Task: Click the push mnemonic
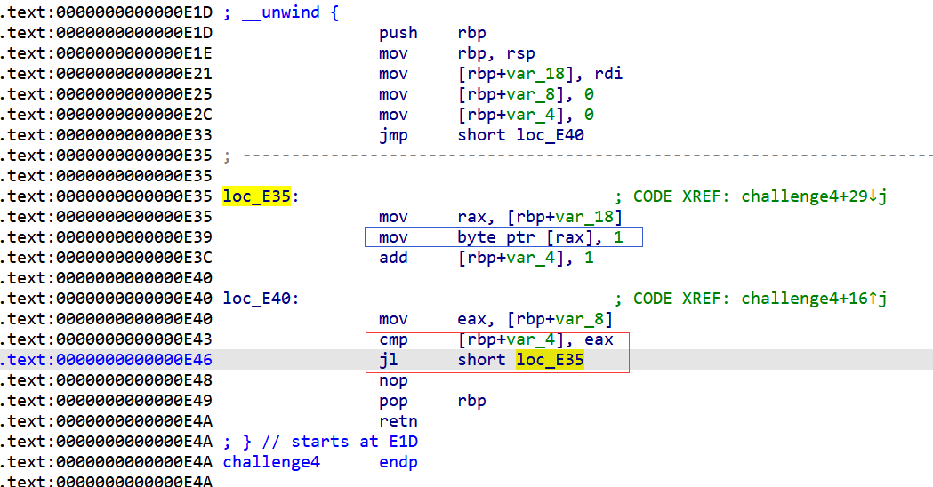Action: tap(398, 33)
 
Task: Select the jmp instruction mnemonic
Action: tap(393, 135)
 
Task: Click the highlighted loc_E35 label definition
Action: tap(257, 196)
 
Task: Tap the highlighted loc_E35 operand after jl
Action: tap(550, 360)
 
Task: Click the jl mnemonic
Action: tap(389, 360)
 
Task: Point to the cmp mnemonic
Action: tap(393, 339)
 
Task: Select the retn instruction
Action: tap(398, 421)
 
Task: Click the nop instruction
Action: tap(393, 380)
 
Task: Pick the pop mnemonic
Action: tap(393, 401)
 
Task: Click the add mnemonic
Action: tap(393, 258)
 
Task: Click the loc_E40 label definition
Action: tap(261, 299)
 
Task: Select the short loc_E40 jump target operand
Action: tap(520, 135)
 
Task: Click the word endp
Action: tap(398, 462)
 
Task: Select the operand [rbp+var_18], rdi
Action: tap(540, 74)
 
